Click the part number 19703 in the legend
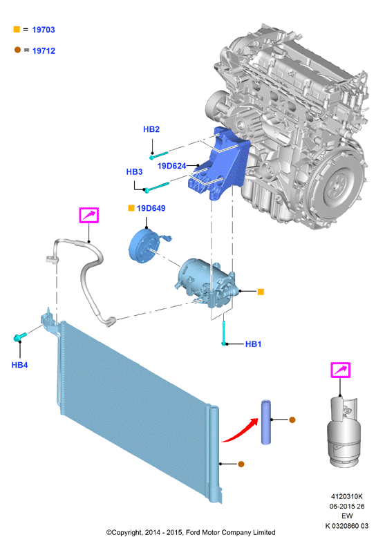pos(44,30)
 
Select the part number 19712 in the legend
pos(44,51)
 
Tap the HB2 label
pos(151,129)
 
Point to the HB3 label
pos(134,171)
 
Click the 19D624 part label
pos(171,166)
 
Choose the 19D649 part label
pos(151,208)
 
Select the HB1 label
pos(254,344)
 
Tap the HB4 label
pos(19,365)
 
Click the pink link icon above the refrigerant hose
pos(89,215)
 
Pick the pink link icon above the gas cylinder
pos(340,370)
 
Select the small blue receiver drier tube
pos(266,422)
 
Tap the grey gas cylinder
pos(344,432)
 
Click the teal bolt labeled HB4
pos(20,337)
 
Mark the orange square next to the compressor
pos(261,292)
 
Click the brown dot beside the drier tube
pos(292,420)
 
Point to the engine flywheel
pos(339,180)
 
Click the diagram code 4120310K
pos(347,496)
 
